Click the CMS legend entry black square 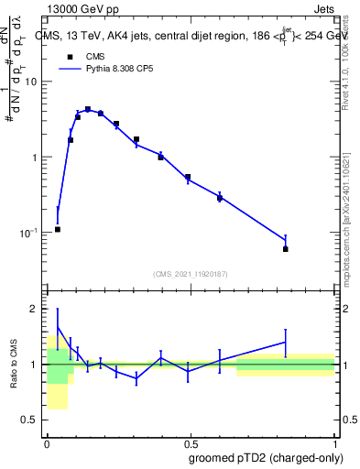coord(68,56)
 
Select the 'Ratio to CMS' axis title coord(14,365)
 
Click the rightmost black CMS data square coord(286,249)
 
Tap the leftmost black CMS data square coord(58,229)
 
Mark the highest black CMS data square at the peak coord(88,109)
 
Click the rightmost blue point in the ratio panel coord(286,342)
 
